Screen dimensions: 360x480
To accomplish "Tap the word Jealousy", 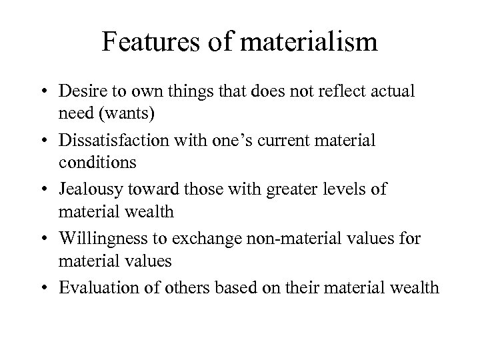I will point(88,190).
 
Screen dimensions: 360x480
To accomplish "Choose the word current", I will point(288,141).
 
